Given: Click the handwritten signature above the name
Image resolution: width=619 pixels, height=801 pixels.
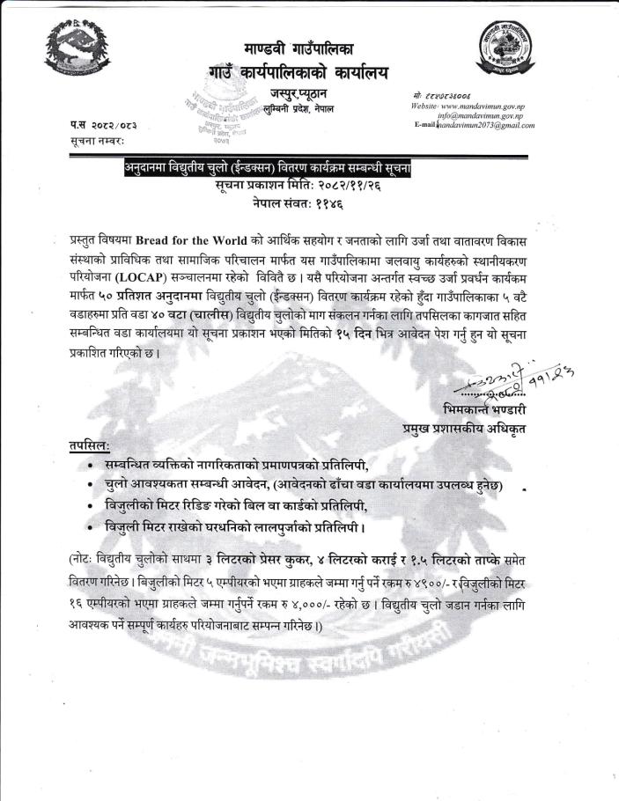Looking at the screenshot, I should [x=519, y=383].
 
